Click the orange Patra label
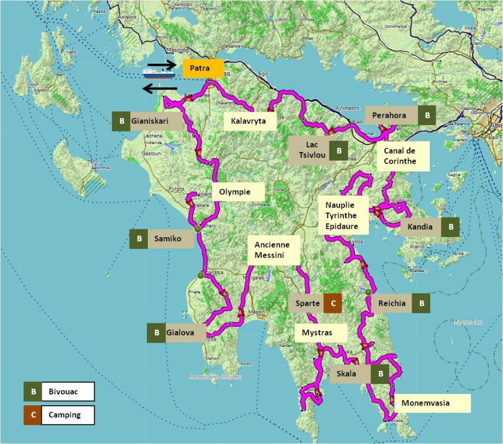(202, 68)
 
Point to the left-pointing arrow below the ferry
(160, 88)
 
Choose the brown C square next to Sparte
(333, 303)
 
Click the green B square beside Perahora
(427, 115)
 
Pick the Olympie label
(238, 192)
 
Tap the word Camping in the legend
(64, 415)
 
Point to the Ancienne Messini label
(272, 250)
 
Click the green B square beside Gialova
(156, 333)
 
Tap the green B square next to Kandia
(450, 227)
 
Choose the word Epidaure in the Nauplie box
(341, 227)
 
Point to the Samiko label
(168, 239)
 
